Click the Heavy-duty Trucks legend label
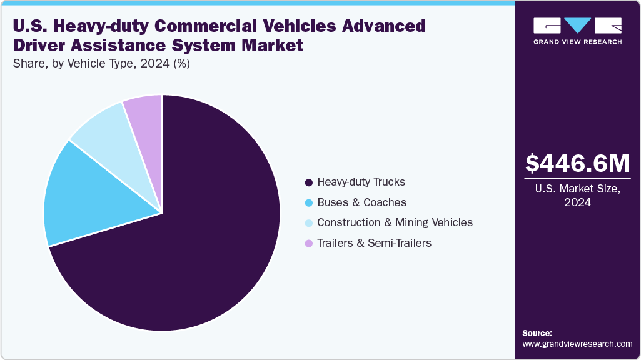[361, 182]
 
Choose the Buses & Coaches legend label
[361, 202]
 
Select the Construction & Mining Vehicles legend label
[395, 222]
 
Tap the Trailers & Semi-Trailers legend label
[374, 243]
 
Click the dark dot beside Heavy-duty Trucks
[308, 182]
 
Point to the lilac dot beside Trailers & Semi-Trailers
[308, 243]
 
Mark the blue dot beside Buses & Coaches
[308, 202]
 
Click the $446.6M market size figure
[577, 164]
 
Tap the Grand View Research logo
[577, 30]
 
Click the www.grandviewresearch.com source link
[577, 344]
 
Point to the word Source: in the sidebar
[537, 333]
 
